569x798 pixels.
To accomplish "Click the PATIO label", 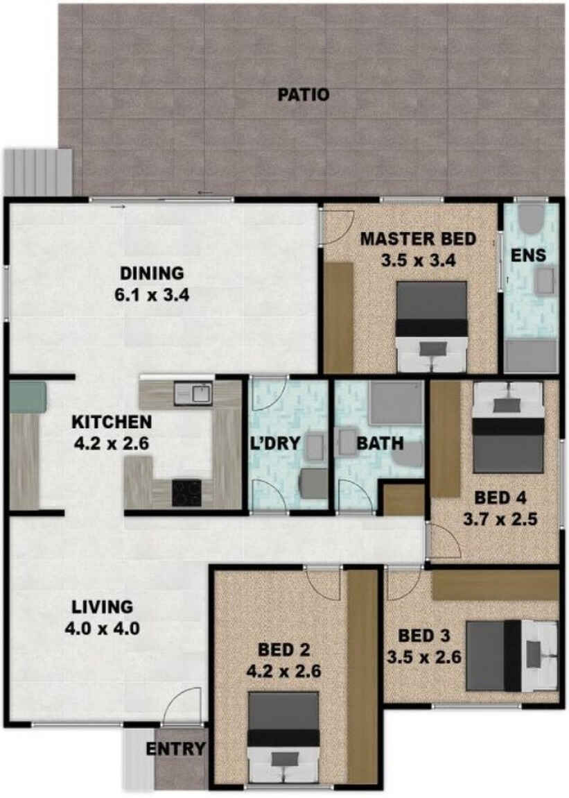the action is (x=304, y=94).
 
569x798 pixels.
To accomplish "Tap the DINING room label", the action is (x=152, y=273).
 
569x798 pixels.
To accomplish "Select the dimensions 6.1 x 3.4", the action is (x=152, y=295).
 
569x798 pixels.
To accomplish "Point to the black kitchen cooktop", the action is (x=186, y=493).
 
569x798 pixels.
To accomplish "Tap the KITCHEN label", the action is (x=112, y=422).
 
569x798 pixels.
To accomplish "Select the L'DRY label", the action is (x=274, y=443).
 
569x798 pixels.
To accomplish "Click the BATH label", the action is (x=380, y=443).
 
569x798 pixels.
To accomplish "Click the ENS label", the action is (x=528, y=255).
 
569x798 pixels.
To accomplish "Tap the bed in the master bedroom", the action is (x=432, y=326).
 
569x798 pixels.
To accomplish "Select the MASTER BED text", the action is (x=418, y=239).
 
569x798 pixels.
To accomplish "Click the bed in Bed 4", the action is (x=509, y=427).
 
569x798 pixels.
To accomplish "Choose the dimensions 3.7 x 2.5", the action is (x=500, y=520).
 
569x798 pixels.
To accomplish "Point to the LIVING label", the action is (x=102, y=607).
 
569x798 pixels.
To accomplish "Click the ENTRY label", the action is (x=175, y=749).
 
